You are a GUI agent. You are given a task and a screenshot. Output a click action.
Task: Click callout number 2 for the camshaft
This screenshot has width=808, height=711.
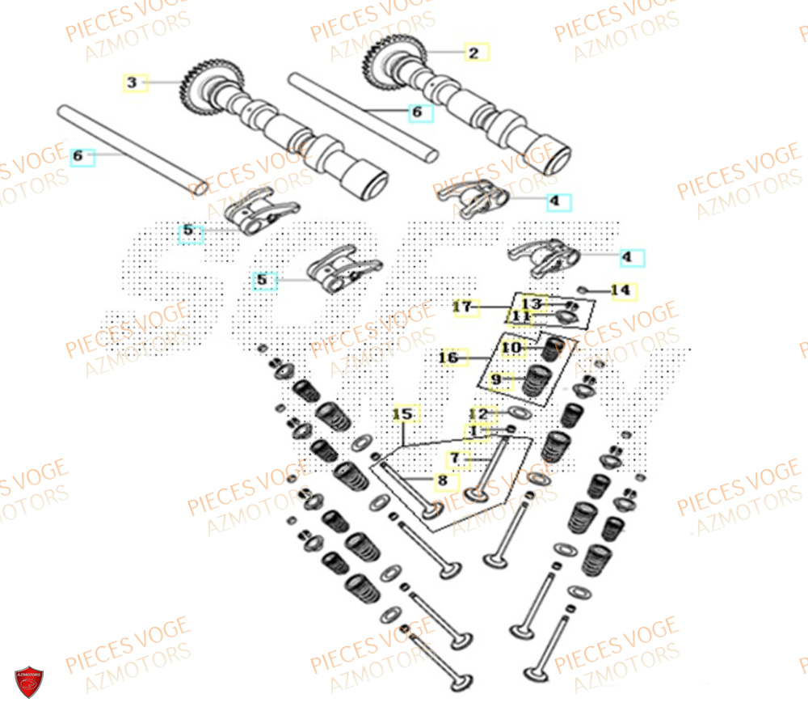coord(474,53)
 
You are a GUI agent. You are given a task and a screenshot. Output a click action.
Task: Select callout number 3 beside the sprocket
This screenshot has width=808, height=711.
coord(134,82)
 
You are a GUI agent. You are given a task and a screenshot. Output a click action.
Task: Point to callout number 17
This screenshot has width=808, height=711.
coord(462,307)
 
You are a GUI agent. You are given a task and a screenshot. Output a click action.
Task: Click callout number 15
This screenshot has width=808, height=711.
coord(403,415)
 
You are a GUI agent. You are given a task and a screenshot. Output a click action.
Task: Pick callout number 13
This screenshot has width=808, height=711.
coord(533,303)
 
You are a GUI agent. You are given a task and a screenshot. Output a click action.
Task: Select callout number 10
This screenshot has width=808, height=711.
coord(512,348)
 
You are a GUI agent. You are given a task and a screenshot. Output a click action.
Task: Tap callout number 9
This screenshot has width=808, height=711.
coord(498,379)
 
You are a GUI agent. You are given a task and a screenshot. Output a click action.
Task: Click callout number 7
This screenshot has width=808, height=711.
coord(455,459)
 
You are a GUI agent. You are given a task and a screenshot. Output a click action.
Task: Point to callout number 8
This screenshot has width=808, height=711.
coord(441,481)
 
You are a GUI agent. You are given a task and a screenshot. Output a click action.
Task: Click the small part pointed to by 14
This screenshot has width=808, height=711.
coord(583,288)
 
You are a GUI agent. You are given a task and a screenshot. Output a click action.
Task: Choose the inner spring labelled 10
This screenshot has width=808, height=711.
coord(550,349)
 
